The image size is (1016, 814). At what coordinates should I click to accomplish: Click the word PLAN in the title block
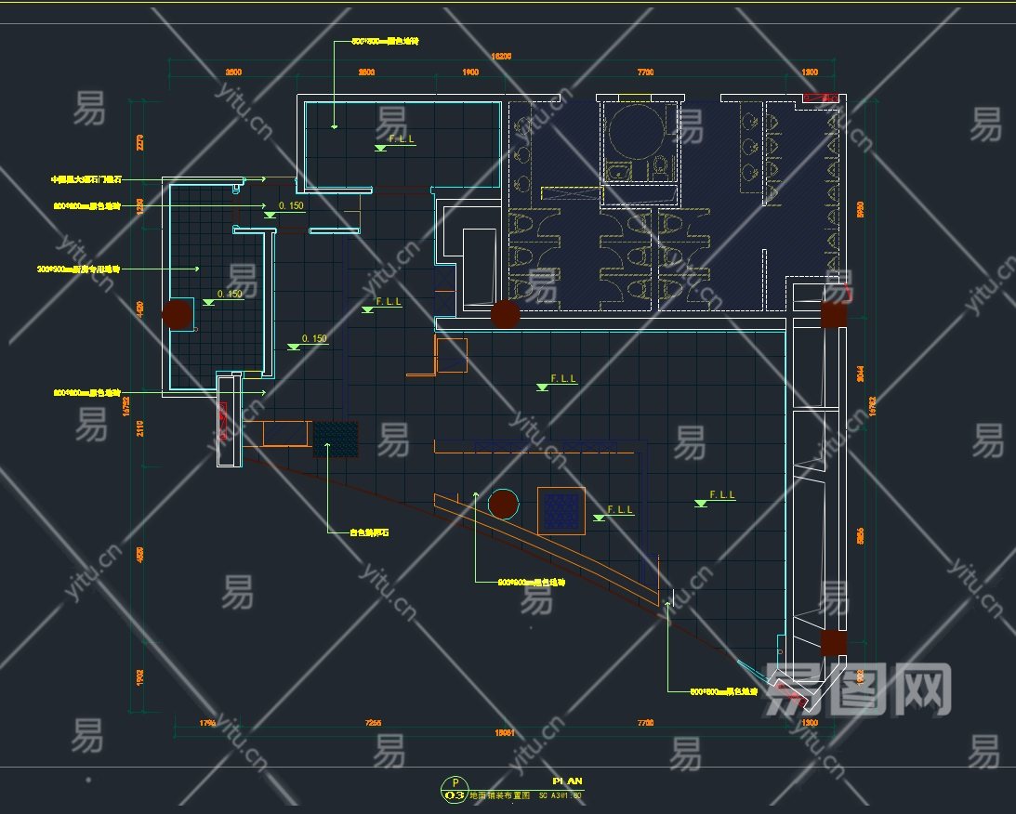coord(567,781)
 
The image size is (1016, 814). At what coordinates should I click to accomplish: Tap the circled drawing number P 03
coord(455,790)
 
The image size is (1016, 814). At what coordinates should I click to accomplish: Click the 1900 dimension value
coord(470,72)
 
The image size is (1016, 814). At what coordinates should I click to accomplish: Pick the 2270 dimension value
coord(140,142)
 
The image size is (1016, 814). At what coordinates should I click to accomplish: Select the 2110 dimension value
coord(140,427)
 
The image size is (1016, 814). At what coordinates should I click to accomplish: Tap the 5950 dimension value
coord(861,209)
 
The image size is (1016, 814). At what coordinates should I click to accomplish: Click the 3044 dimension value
coord(861,374)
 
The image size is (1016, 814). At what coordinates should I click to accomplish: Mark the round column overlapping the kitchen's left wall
coord(177,314)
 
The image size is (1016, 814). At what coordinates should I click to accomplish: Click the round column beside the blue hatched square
coord(503,505)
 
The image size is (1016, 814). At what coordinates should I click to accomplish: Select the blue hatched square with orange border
coord(561,511)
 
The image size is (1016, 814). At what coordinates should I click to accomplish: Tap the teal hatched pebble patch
coord(336,439)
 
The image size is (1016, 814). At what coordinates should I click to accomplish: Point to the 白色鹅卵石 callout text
coord(369,533)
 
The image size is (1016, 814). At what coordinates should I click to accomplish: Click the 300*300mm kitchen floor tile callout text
coord(79,269)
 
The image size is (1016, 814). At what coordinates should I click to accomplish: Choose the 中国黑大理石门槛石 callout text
coord(86,178)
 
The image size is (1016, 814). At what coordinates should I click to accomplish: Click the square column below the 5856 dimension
coord(832,643)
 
